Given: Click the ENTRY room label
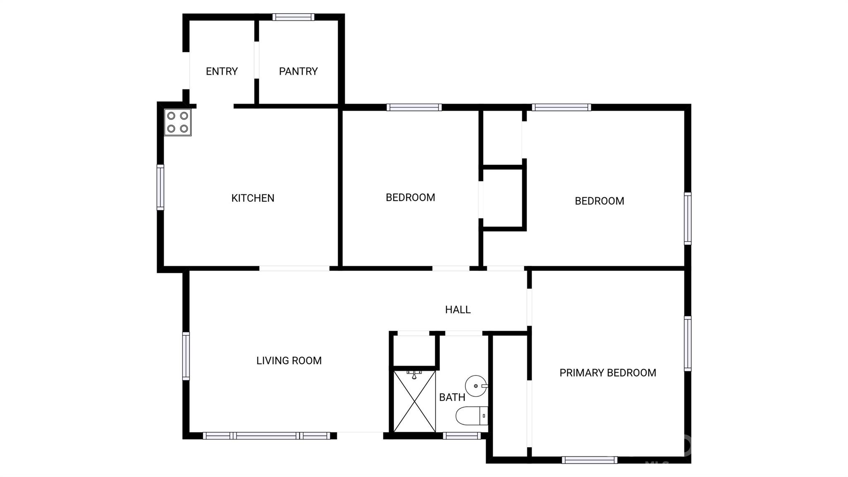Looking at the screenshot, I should (222, 71).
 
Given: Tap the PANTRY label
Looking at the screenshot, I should (298, 71).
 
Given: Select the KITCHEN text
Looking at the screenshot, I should (253, 198).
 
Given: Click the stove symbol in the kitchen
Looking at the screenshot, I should (178, 122).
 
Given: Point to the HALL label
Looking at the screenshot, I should (458, 310).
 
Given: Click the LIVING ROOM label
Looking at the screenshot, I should (289, 361).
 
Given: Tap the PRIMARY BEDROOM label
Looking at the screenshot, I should (607, 373).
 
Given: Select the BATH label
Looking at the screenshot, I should (452, 397).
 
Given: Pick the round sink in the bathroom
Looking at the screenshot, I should (476, 386).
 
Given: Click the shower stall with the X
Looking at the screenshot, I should (414, 401).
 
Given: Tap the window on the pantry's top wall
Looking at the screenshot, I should (293, 17).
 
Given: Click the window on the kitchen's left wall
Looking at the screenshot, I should (160, 187).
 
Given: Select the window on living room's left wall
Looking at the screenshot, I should (186, 356).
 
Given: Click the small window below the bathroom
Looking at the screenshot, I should (462, 436).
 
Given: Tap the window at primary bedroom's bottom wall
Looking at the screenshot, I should (590, 460).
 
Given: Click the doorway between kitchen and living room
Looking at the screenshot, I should (294, 269).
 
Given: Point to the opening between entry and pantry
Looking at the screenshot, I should (256, 60).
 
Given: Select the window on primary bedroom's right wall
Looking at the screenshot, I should (687, 343).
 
